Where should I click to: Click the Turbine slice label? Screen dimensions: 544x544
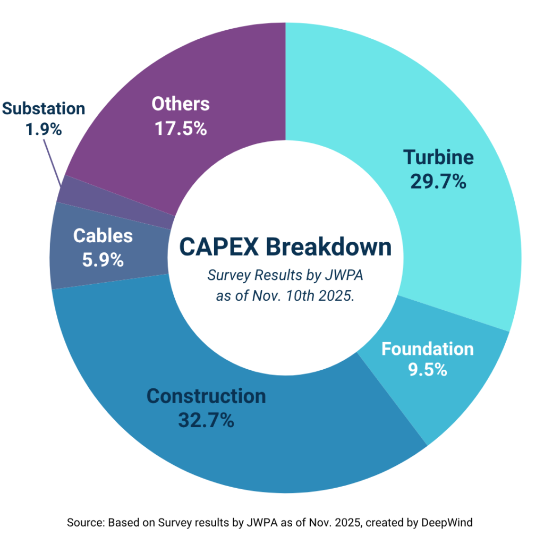[438, 157]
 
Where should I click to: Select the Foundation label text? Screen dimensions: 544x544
[427, 349]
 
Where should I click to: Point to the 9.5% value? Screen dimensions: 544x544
[427, 370]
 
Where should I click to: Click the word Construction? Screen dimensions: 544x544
[206, 396]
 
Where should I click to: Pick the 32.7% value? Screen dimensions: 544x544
[206, 420]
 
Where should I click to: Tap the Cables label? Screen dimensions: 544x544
[103, 236]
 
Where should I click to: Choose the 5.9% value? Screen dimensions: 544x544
[103, 260]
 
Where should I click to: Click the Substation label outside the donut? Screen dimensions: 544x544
[44, 108]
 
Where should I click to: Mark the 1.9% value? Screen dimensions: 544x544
[44, 129]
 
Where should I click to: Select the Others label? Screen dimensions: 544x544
[181, 104]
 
